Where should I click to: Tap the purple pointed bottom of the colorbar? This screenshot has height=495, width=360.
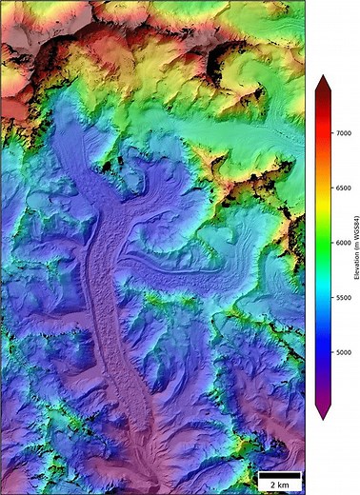324,411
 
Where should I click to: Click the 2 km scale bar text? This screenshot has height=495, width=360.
280,485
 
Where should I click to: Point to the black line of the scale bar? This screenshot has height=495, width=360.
280,474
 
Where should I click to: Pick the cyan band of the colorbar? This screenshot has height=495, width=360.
324,286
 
